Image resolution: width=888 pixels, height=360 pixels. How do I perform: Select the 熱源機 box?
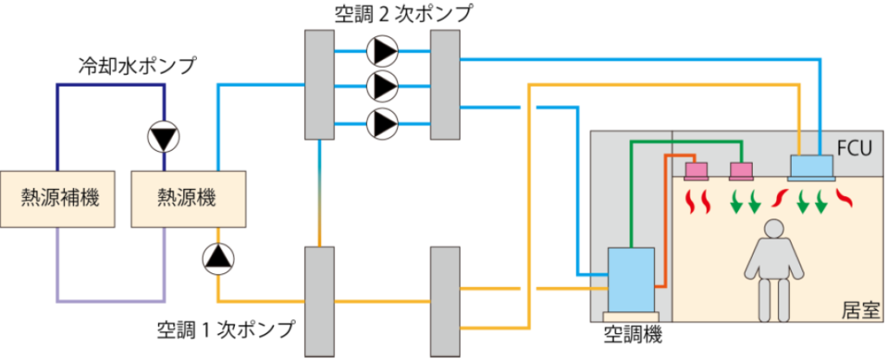(186, 198)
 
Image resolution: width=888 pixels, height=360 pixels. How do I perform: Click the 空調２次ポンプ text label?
(404, 14)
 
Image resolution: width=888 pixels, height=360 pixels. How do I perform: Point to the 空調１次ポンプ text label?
(226, 331)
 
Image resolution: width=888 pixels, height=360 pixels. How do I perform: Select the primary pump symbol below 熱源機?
(217, 258)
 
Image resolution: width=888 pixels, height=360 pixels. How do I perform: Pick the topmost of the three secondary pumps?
(382, 51)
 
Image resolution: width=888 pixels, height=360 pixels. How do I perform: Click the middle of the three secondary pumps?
(382, 86)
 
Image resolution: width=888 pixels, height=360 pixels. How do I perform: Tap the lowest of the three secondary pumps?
(382, 123)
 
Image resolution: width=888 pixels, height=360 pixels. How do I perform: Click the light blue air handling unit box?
(630, 278)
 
